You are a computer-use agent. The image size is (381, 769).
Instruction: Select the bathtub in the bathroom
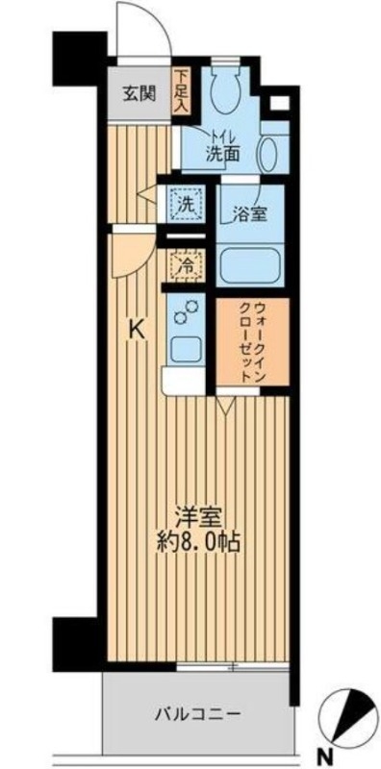251,263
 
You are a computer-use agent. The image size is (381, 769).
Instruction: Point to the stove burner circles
184,312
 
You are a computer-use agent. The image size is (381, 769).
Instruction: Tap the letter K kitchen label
138,330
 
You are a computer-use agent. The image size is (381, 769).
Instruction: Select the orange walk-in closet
252,341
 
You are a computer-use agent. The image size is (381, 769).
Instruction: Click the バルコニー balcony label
198,714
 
